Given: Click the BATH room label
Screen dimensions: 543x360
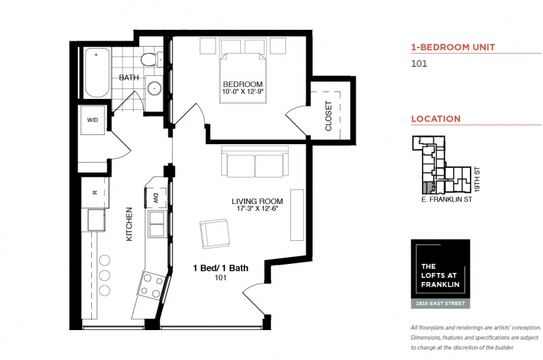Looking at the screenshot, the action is click(x=129, y=77).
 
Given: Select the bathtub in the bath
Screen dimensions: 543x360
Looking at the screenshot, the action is click(x=97, y=72).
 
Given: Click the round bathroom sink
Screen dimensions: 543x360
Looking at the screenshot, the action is click(x=154, y=88).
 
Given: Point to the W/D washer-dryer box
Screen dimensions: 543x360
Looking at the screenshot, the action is click(x=93, y=120).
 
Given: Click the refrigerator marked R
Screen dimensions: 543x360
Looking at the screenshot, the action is click(x=95, y=193).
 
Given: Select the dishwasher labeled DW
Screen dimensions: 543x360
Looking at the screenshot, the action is click(x=155, y=198).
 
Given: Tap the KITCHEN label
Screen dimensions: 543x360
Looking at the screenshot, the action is click(x=129, y=224).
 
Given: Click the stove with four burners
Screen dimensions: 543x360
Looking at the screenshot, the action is click(x=152, y=285).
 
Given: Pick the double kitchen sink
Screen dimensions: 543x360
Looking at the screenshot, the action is click(x=157, y=224).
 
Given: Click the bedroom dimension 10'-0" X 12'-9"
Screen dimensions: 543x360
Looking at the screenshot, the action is click(x=243, y=92).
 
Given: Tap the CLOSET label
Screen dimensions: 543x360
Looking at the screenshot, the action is click(x=329, y=116).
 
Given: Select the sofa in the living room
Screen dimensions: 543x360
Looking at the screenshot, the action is click(x=255, y=162).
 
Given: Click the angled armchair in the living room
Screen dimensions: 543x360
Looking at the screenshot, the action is click(x=214, y=233).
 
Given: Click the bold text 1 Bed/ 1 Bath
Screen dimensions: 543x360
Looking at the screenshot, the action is click(x=221, y=268).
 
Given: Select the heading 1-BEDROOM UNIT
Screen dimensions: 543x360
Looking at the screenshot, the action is click(x=453, y=47).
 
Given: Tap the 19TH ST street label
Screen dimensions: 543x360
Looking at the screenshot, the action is click(x=477, y=180).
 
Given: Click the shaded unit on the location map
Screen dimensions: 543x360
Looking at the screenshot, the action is click(x=427, y=187).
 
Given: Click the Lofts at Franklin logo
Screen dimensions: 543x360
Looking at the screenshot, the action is click(x=441, y=274).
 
